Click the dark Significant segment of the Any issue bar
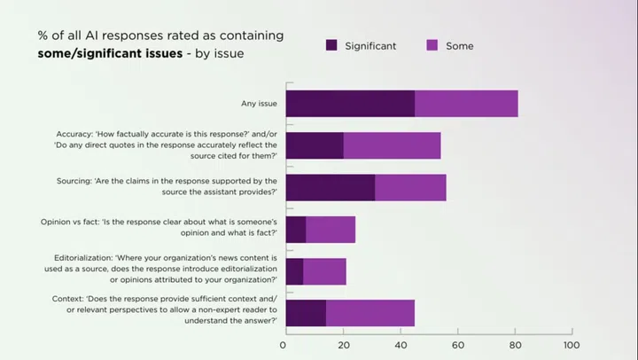click(350, 104)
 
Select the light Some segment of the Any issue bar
click(466, 104)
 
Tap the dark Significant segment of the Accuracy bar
click(315, 145)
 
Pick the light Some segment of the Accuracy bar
click(392, 145)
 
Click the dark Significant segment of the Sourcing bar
click(330, 187)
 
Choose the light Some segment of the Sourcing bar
click(410, 187)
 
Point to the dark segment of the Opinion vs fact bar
click(296, 229)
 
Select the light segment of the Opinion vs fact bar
click(331, 229)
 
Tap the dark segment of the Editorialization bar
click(294, 271)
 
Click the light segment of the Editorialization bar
click(324, 271)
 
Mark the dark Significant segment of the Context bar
click(306, 313)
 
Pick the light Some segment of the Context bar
click(370, 313)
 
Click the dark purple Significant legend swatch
click(332, 45)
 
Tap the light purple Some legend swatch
click(433, 45)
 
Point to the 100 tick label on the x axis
click(572, 344)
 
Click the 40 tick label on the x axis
click(399, 344)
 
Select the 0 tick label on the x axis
click(284, 344)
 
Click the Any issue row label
click(259, 104)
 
